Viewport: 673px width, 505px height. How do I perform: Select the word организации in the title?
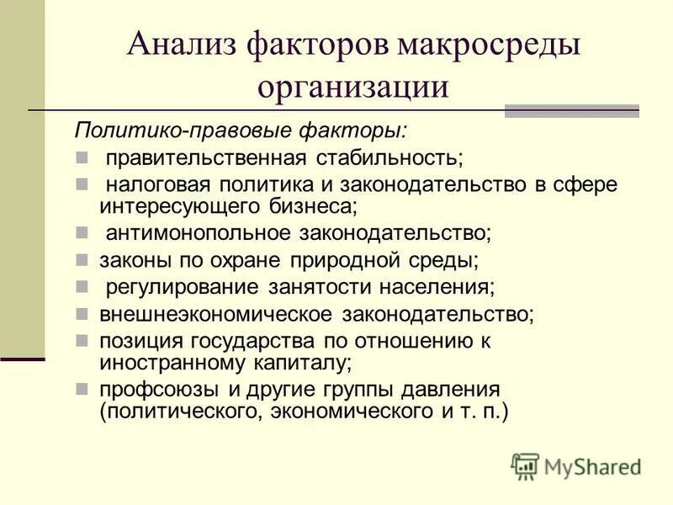tap(353, 87)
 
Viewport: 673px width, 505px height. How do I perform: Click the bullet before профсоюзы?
tap(82, 391)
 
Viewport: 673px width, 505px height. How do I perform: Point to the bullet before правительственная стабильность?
tap(82, 157)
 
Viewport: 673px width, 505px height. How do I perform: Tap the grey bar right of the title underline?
tap(571, 110)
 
